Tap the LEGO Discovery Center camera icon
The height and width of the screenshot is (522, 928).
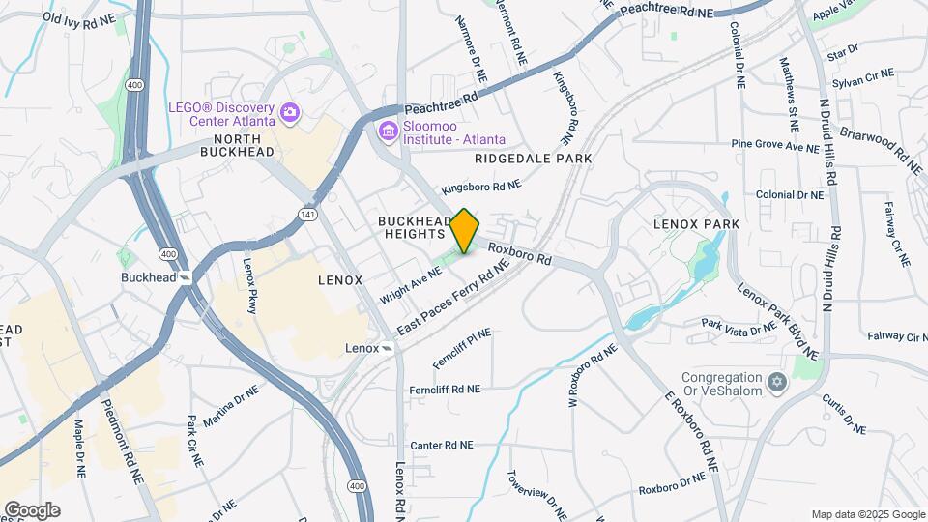pos(289,115)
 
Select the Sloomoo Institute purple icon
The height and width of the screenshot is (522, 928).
pos(389,130)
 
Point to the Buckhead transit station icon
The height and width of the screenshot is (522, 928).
pos(184,277)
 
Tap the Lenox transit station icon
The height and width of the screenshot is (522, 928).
pos(387,348)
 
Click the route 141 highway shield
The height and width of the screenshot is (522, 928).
pos(306,214)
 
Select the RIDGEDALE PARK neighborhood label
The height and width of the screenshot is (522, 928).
pos(533,158)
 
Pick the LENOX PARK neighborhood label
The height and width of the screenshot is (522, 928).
pos(696,224)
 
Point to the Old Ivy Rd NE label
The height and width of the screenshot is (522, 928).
pos(79,19)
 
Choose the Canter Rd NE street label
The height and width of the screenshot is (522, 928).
pos(442,446)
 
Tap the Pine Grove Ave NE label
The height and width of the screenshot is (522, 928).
pos(774,146)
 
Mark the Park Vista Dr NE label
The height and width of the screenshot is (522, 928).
pos(738,328)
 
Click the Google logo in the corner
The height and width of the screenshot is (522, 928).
pos(32,510)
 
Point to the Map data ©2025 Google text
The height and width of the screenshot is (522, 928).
pos(866,514)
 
